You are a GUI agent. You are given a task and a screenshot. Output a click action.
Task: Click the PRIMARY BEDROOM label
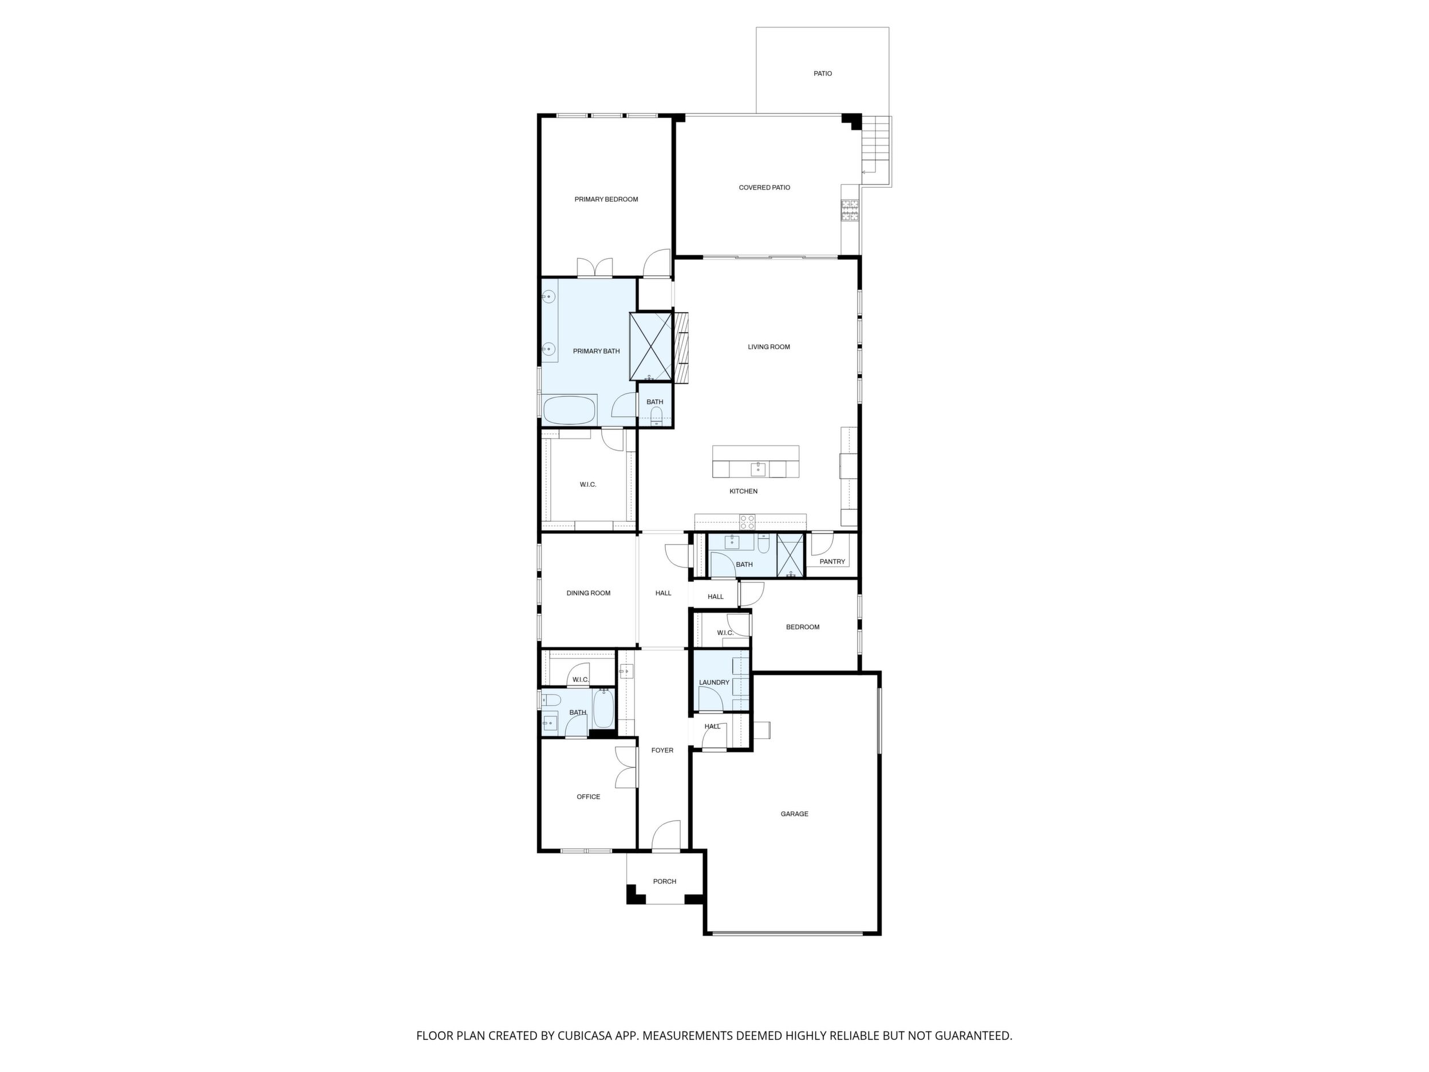606,199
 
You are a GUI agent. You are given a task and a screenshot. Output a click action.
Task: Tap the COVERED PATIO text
764,187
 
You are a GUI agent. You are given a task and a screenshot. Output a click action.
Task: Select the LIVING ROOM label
769,347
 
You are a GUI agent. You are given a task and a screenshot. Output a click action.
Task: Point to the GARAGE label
794,814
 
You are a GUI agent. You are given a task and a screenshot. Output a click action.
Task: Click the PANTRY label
832,562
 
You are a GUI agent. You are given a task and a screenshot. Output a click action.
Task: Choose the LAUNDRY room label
714,683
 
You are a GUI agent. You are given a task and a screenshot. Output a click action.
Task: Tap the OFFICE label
589,797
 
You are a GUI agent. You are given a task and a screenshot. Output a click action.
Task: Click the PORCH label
664,881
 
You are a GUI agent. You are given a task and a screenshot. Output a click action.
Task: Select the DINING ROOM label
589,593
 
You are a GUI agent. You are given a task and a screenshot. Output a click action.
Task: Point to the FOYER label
662,750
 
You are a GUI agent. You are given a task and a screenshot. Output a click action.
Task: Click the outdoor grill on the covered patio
850,210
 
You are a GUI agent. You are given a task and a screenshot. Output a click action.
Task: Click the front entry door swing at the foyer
666,835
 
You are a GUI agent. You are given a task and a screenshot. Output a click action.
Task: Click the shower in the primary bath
651,346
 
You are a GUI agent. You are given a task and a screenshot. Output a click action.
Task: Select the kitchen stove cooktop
748,522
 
